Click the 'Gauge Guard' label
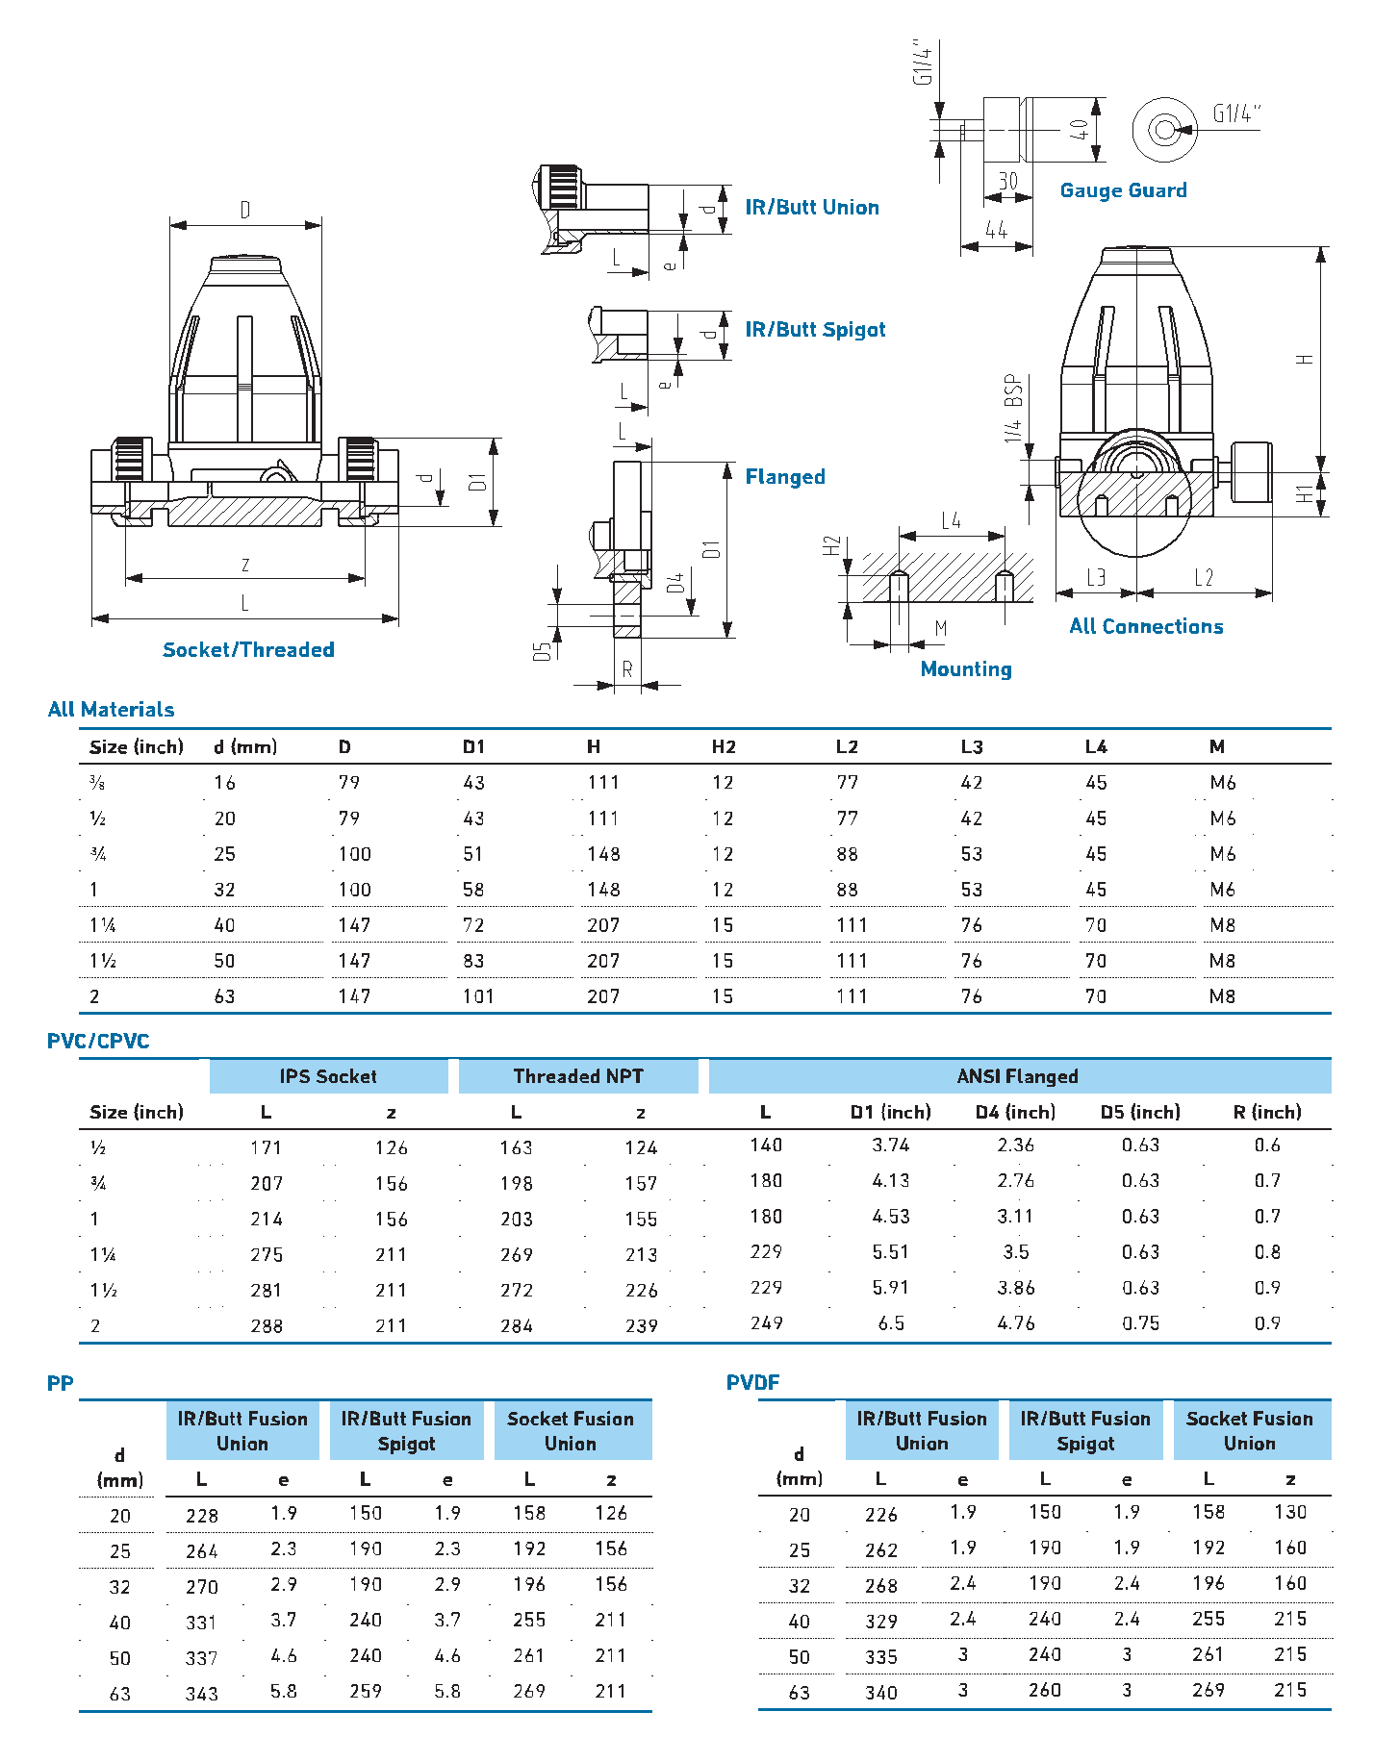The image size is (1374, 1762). (1123, 190)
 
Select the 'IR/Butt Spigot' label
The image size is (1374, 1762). (815, 330)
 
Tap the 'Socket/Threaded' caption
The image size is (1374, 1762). (248, 650)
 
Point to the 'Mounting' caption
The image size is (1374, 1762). (966, 669)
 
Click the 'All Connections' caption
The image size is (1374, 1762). (1146, 627)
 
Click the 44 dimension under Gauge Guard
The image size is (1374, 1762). (996, 231)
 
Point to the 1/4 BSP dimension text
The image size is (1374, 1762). (1013, 408)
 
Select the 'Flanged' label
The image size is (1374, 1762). (785, 477)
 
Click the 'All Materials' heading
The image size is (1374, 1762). (111, 710)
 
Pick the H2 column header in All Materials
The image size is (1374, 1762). (724, 747)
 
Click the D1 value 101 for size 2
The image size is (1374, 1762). (478, 996)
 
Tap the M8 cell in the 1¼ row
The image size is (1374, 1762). (1222, 925)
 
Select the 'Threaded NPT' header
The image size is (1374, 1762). (578, 1076)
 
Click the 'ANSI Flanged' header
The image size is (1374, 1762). (1017, 1076)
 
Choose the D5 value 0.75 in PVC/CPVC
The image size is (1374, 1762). (1140, 1323)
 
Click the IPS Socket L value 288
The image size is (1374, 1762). (267, 1326)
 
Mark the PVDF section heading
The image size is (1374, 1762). (752, 1383)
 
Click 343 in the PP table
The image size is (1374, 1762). (202, 1694)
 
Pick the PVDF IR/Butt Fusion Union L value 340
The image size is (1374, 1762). (880, 1693)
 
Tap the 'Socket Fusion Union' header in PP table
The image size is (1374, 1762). (571, 1431)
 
